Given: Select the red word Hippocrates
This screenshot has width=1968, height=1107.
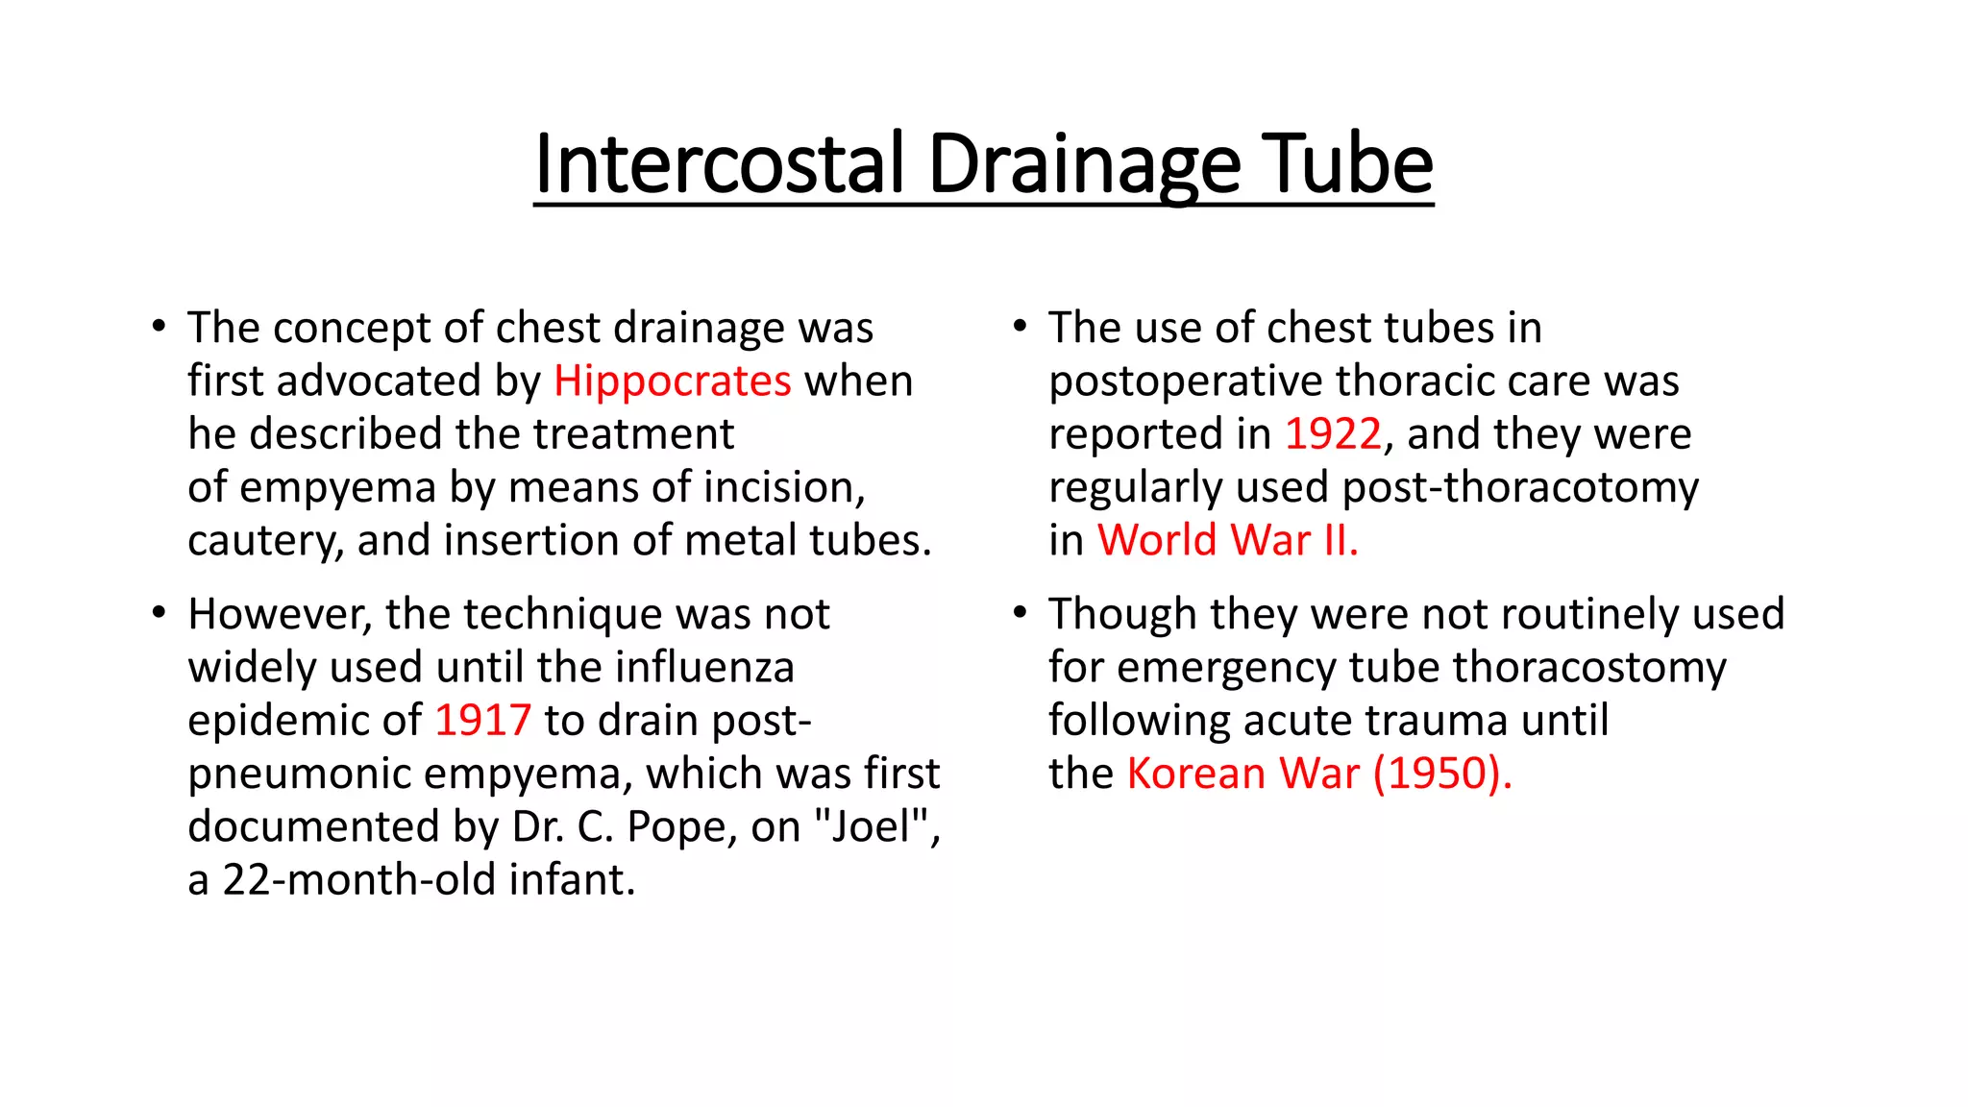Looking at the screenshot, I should tap(672, 381).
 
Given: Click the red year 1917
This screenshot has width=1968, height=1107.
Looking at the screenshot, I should tap(482, 721).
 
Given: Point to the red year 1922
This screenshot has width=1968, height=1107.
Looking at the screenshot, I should tap(1333, 434).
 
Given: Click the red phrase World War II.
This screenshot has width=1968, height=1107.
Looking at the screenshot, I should tap(1227, 540).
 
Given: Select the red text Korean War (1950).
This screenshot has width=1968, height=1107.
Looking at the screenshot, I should tap(1318, 774).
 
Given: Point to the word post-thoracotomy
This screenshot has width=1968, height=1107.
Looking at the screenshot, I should tap(1520, 487).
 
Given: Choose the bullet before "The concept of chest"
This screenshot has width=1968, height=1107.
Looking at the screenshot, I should tap(159, 326).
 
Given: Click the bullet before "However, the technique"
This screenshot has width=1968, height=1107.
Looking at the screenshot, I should tap(159, 612).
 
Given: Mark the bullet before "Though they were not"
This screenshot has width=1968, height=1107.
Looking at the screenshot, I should tap(1021, 612).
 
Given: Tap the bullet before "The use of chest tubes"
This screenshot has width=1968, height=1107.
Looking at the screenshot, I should tap(1021, 326).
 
